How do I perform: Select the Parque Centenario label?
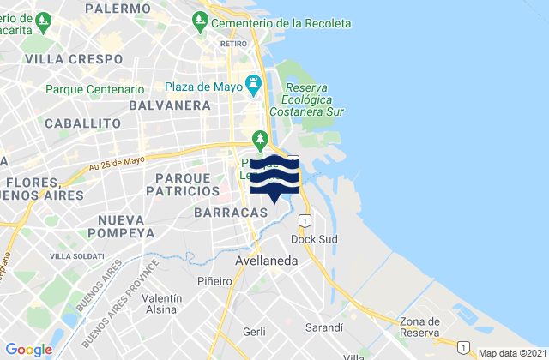pos(94,89)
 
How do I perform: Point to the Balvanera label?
pos(170,105)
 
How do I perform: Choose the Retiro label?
pos(232,41)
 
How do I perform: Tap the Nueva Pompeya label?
pos(120,225)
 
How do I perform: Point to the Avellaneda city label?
pos(266,260)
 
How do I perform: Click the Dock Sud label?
pos(310,238)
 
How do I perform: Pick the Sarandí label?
pos(324,327)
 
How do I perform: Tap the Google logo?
pos(28,350)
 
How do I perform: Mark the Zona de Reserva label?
pos(420,327)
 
